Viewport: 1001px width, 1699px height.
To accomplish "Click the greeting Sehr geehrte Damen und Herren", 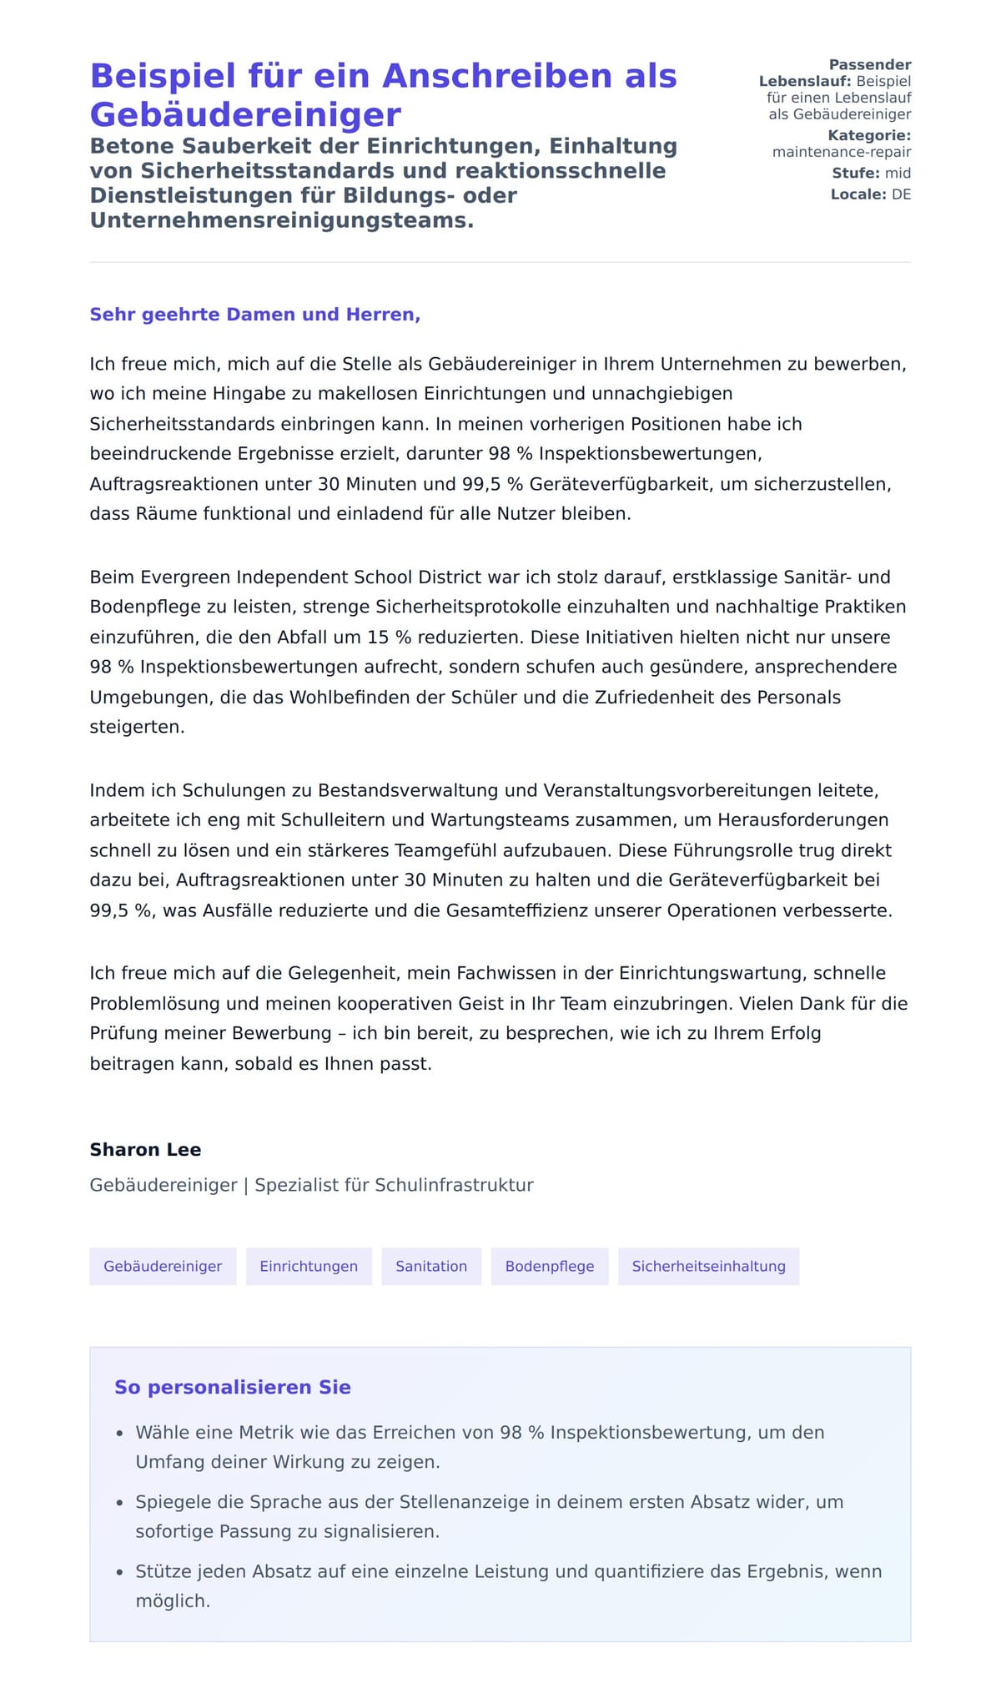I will [254, 315].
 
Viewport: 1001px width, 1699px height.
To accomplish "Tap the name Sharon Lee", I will [145, 1149].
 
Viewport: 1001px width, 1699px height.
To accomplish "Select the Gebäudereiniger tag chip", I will [163, 1266].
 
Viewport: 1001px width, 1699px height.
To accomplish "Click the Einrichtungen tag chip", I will [309, 1266].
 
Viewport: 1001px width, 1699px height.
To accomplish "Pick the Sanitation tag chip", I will [431, 1266].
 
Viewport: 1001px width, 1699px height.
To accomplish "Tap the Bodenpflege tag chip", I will [550, 1266].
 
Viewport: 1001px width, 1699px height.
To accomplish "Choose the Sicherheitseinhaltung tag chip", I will [708, 1266].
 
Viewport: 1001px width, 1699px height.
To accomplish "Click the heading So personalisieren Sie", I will [233, 1387].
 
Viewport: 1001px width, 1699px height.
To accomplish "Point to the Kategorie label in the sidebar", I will [868, 135].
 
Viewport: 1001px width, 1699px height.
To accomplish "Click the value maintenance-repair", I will [841, 152].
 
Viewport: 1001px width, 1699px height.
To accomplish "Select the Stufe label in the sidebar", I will [855, 173].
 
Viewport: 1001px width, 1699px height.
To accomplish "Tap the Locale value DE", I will [901, 194].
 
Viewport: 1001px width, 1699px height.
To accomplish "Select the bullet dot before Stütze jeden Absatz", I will [119, 1572].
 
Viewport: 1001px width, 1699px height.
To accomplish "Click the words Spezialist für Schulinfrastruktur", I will [394, 1185].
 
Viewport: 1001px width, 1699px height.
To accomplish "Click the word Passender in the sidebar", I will [869, 64].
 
